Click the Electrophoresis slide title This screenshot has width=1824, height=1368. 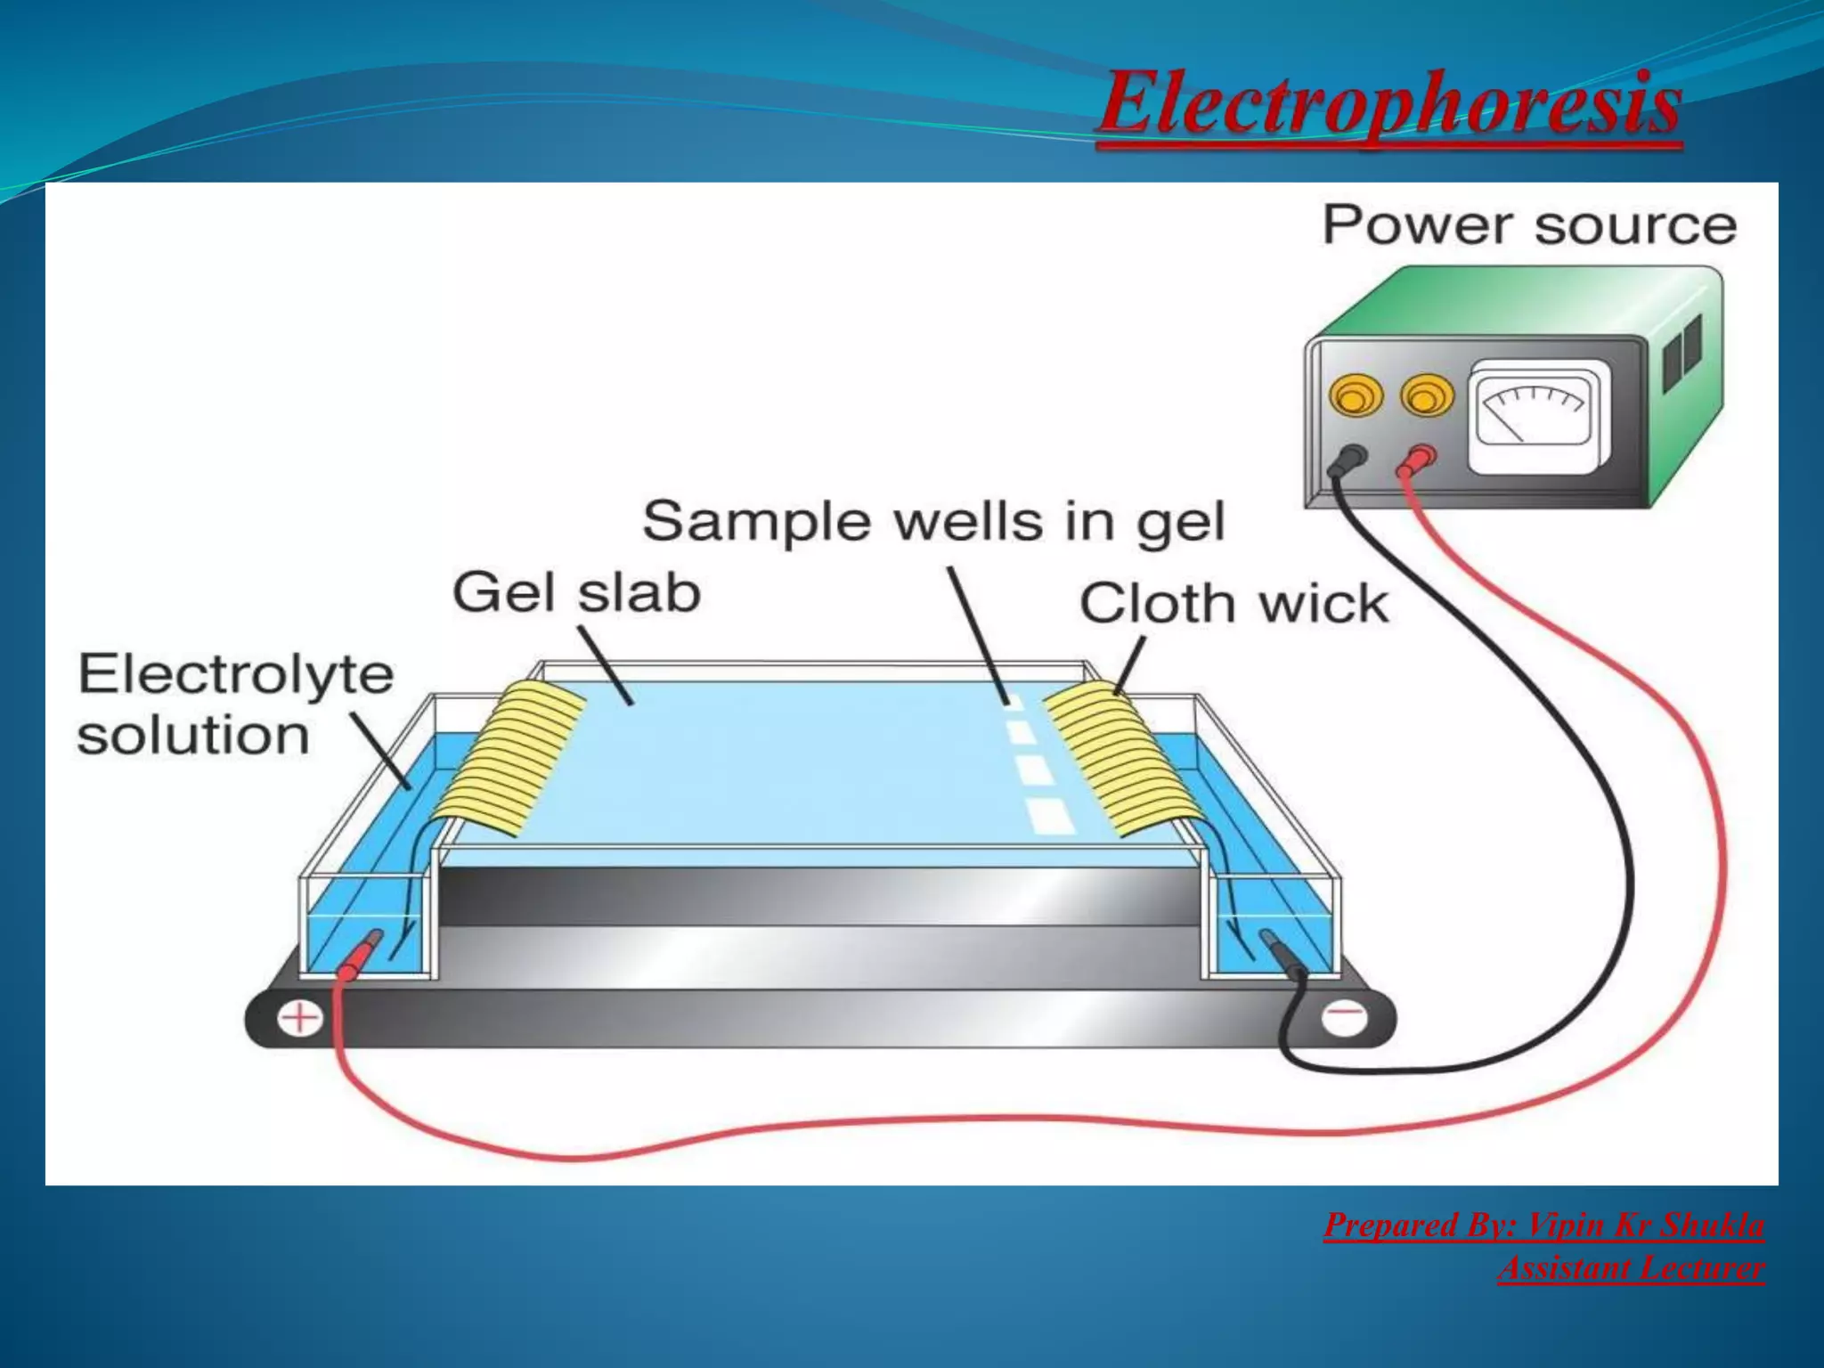pos(1389,105)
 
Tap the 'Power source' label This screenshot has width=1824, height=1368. pos(1528,224)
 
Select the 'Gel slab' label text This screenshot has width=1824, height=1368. pos(576,593)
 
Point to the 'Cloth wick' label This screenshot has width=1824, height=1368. pos(1234,604)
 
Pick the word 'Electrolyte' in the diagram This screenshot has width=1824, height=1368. pos(235,674)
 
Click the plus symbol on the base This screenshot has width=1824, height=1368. pos(301,1018)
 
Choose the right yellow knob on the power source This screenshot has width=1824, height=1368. pos(1427,395)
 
